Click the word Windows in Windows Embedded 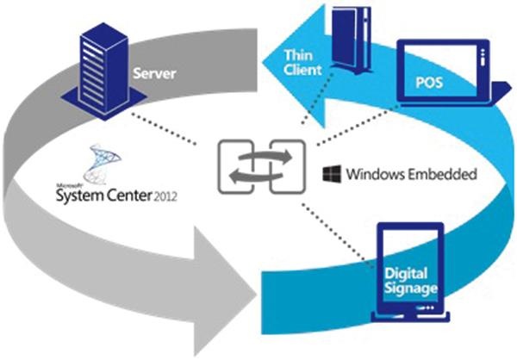pyautogui.click(x=371, y=175)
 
